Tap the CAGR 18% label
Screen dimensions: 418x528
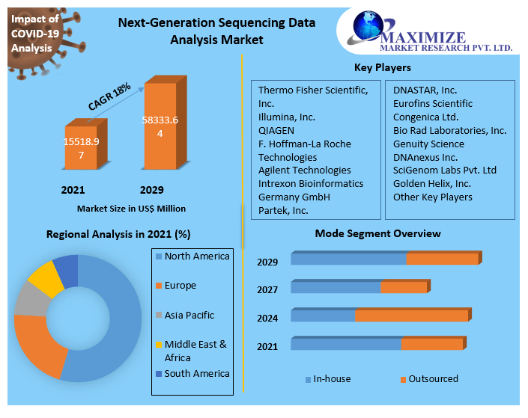coord(109,96)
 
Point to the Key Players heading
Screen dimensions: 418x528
coord(382,67)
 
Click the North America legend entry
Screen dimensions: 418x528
coord(196,256)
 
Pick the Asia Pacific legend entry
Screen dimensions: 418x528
coord(189,316)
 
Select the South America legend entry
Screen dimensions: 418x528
coord(196,373)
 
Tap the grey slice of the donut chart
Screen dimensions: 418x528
coord(29,299)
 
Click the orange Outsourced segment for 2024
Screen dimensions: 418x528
coord(411,316)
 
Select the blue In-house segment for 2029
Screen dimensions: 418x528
coord(348,259)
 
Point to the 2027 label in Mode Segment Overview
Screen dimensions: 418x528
coord(267,289)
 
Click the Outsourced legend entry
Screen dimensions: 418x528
coord(433,379)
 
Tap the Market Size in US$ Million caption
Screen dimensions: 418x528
coord(131,209)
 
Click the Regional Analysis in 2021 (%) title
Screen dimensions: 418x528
coord(118,234)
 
